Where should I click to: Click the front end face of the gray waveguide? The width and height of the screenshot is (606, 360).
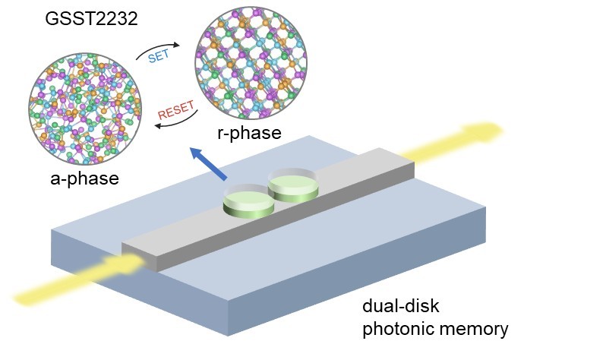[x=140, y=259]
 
